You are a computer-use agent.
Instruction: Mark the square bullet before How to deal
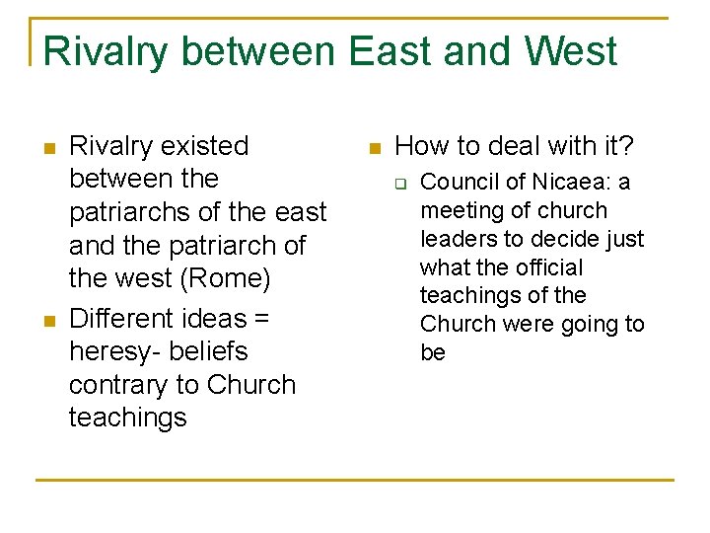coord(373,149)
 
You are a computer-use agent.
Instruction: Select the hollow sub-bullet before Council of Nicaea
coord(401,184)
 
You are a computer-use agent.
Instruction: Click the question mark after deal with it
coord(627,146)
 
